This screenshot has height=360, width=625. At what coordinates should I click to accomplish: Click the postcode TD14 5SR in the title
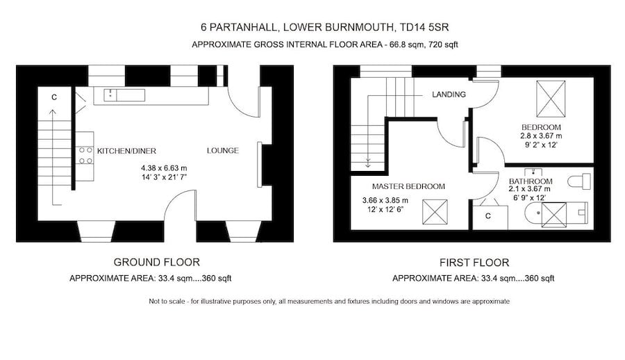(x=432, y=28)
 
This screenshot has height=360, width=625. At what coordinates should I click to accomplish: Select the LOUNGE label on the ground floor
(x=222, y=150)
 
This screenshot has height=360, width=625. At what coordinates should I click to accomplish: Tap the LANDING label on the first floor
(x=448, y=95)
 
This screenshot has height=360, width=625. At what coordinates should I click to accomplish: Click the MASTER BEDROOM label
(x=408, y=186)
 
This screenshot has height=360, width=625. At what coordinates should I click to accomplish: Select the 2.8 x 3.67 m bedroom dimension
(x=541, y=136)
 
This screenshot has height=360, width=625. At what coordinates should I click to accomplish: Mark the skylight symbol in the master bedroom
(x=435, y=211)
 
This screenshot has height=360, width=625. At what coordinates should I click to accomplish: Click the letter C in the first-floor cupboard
(x=488, y=216)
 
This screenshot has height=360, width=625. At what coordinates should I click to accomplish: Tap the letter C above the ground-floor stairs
(x=54, y=97)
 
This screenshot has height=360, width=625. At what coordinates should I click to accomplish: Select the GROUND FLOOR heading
(x=157, y=262)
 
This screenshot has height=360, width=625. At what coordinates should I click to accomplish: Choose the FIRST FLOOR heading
(x=474, y=263)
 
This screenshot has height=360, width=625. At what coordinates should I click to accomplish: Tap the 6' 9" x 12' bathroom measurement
(x=529, y=197)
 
